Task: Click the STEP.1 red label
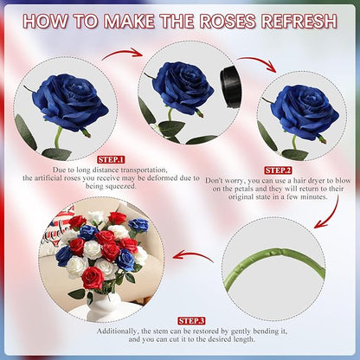[110, 159]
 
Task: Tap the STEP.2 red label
[278, 170]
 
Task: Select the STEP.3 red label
[191, 320]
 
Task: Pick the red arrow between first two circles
[122, 55]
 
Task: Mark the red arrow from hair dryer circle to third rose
[257, 64]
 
